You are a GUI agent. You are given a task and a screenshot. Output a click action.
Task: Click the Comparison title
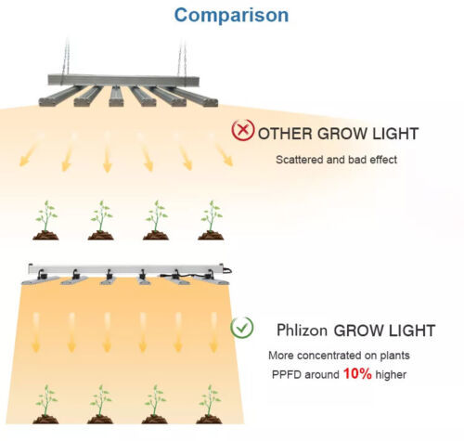tap(231, 15)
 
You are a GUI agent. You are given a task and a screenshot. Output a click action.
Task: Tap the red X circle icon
tap(243, 130)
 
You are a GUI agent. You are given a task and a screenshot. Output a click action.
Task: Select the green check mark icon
tap(242, 328)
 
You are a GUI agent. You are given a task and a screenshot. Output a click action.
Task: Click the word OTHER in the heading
tap(285, 134)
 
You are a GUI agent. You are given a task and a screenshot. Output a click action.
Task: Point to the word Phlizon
tap(302, 330)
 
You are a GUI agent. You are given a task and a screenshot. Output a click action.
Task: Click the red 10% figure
tap(357, 373)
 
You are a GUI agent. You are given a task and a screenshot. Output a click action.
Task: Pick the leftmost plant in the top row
tap(45, 220)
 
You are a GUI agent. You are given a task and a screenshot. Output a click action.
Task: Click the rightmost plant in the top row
tap(211, 220)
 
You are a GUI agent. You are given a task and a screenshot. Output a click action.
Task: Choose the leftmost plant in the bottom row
tap(45, 404)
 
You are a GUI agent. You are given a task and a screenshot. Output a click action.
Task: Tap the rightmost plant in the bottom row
tap(210, 404)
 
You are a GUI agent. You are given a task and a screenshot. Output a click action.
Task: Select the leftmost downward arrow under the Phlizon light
tap(36, 332)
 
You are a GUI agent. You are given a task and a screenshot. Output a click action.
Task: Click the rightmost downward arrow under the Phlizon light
tap(213, 332)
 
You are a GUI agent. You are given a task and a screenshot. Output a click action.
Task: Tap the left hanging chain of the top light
tap(66, 58)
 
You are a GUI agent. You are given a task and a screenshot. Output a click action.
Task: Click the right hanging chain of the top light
tap(182, 58)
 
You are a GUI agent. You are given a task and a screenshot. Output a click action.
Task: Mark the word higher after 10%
tap(391, 375)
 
